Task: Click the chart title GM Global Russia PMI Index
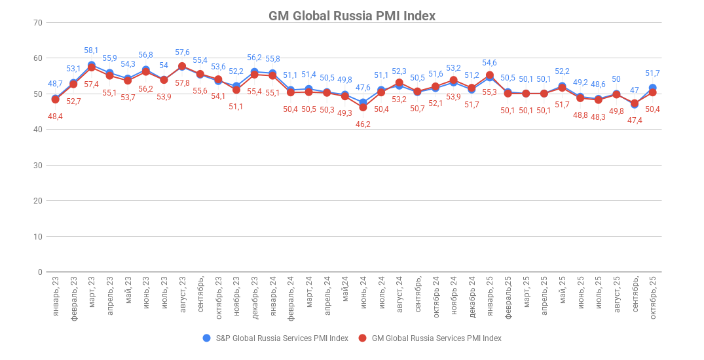(352, 16)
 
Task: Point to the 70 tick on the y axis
(37, 23)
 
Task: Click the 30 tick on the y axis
(37, 166)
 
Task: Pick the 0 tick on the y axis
(39, 272)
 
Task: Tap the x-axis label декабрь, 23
(255, 297)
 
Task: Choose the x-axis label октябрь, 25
(653, 297)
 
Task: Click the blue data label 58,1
(92, 50)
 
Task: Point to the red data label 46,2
(363, 124)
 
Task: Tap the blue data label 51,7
(652, 73)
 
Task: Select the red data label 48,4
(55, 117)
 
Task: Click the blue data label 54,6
(490, 63)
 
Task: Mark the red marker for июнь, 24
(363, 107)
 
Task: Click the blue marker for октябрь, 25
(653, 88)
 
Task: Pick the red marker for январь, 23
(55, 99)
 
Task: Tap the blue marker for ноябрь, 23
(236, 86)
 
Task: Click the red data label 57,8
(182, 83)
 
